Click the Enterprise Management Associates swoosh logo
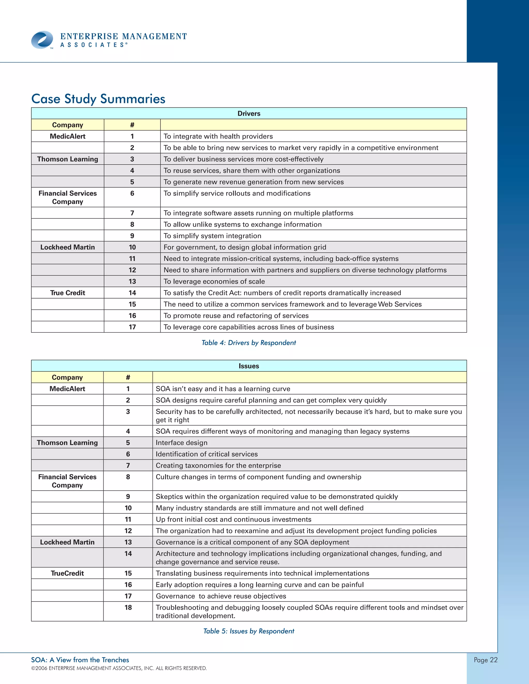click(42, 40)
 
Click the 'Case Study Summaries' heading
click(98, 99)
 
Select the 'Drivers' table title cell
click(249, 113)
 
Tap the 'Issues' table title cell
click(249, 366)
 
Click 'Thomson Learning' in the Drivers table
click(68, 159)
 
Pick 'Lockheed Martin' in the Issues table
click(67, 542)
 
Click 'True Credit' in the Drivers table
click(68, 293)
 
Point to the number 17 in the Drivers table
click(132, 327)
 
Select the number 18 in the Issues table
click(128, 607)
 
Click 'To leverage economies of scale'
click(214, 281)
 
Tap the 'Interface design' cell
click(181, 442)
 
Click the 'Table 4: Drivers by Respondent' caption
click(248, 343)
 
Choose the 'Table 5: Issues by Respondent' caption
click(248, 631)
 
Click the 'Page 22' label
click(485, 660)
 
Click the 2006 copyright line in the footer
click(119, 668)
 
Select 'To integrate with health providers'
click(218, 136)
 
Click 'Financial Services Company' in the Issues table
click(67, 481)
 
